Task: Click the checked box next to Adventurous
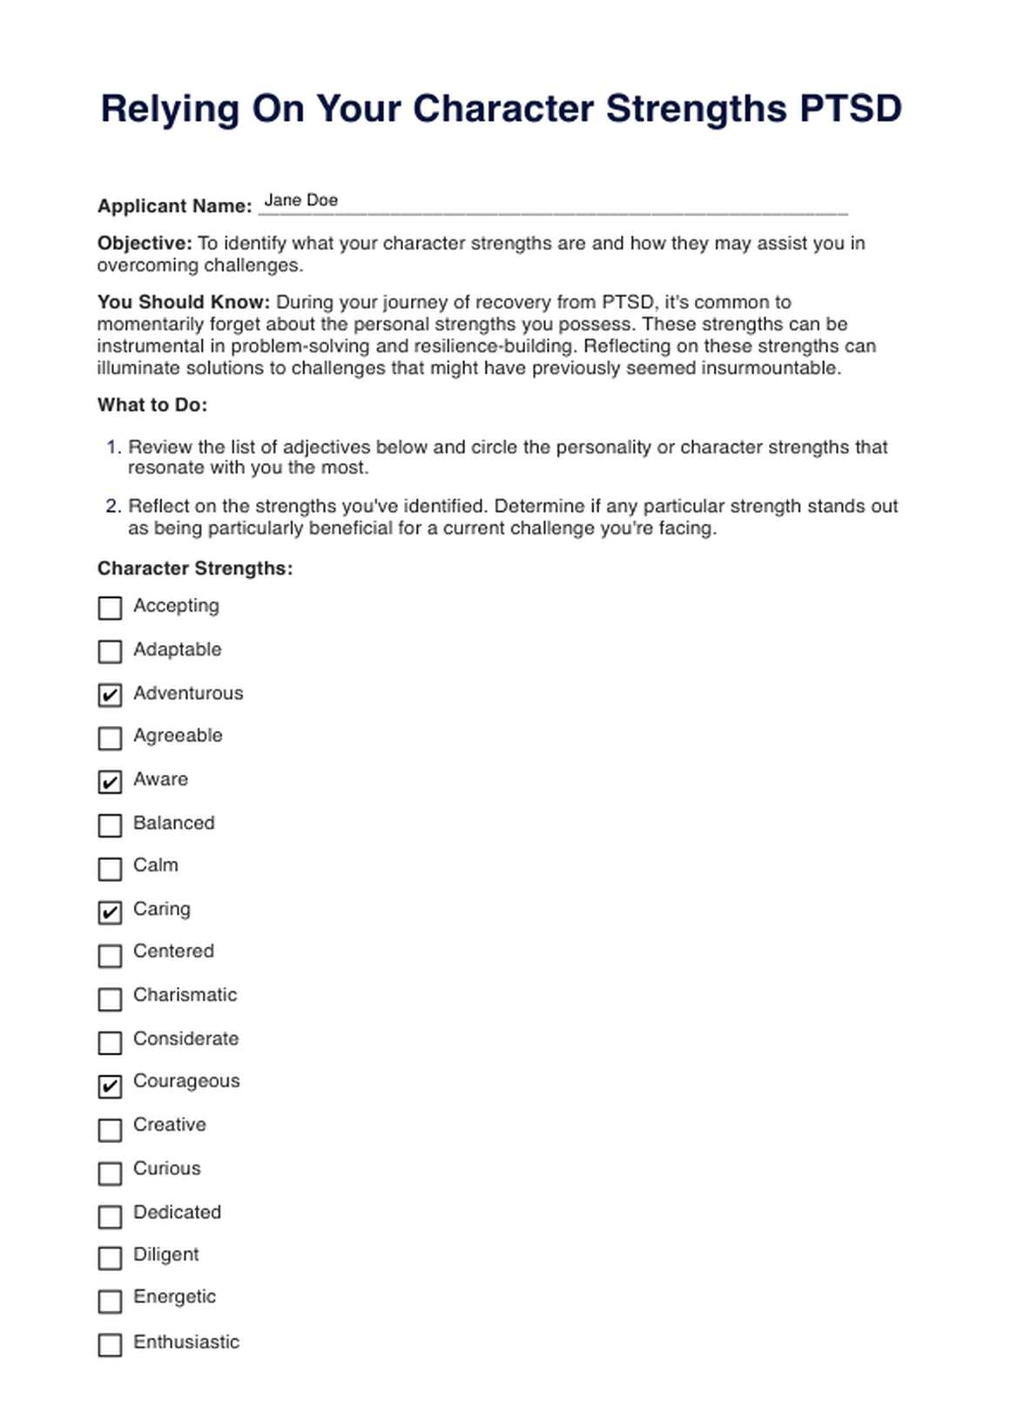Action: [x=110, y=695]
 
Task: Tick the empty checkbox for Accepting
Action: [x=110, y=608]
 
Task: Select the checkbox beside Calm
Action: [x=110, y=869]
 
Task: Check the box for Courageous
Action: [x=110, y=1086]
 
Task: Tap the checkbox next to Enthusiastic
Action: [x=110, y=1345]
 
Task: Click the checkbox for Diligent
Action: [x=110, y=1258]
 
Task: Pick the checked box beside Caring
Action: [x=110, y=912]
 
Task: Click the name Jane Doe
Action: [x=300, y=200]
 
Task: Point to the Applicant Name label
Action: [x=174, y=206]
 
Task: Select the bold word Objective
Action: [x=145, y=244]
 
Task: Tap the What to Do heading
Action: [x=152, y=405]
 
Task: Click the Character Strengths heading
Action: [x=195, y=568]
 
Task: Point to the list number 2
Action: [x=113, y=507]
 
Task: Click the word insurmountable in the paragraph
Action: [x=770, y=368]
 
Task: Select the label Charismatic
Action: [x=185, y=995]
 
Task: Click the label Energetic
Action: [x=174, y=1297]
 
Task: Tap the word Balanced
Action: [x=173, y=823]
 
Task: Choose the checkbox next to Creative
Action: [x=110, y=1129]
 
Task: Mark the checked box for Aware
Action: [x=110, y=782]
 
